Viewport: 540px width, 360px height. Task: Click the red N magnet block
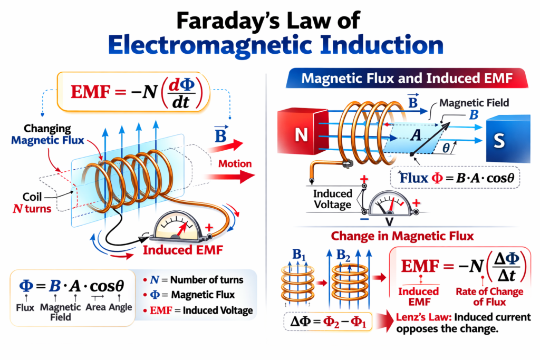point(301,135)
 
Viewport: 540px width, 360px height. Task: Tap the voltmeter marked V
point(390,208)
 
